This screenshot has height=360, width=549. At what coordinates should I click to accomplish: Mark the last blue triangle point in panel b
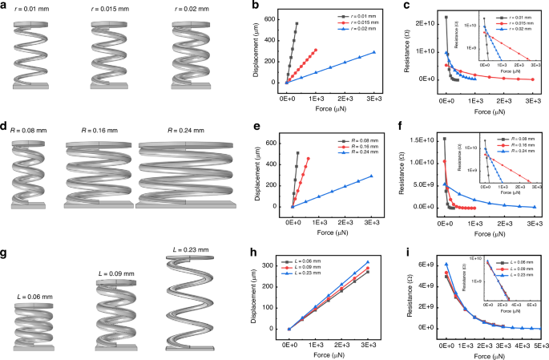(373, 53)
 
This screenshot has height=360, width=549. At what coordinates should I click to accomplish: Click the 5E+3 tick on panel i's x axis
(541, 341)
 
